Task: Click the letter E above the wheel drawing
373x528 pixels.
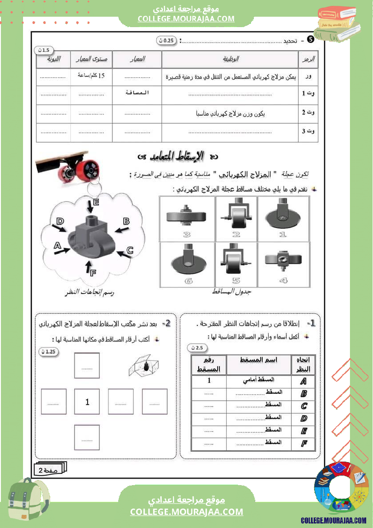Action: click(96, 202)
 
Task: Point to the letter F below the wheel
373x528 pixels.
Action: click(93, 272)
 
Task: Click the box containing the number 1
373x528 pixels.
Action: click(87, 402)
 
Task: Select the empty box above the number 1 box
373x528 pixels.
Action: click(87, 365)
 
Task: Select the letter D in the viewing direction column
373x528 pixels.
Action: click(303, 418)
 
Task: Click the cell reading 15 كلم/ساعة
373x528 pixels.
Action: click(91, 76)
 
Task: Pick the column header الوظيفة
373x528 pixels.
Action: click(231, 59)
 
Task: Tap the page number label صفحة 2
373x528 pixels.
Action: click(50, 470)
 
